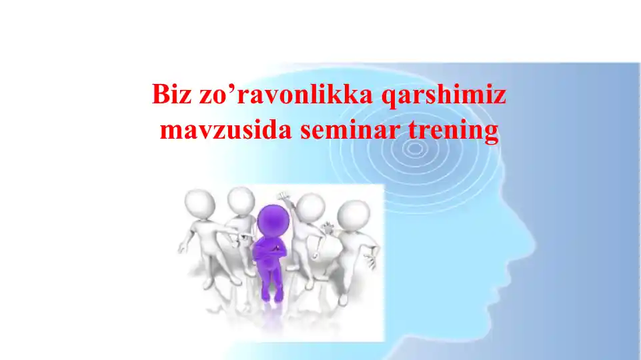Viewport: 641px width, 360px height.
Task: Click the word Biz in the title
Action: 171,96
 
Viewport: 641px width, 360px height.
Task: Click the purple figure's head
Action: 271,218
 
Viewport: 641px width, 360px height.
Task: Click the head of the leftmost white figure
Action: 198,203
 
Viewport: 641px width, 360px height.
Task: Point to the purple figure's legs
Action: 271,283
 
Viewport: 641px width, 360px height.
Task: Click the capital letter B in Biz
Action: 159,96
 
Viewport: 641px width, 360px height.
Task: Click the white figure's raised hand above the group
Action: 284,198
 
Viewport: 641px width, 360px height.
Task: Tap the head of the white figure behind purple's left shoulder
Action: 240,199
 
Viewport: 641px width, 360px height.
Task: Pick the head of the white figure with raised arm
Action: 310,208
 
